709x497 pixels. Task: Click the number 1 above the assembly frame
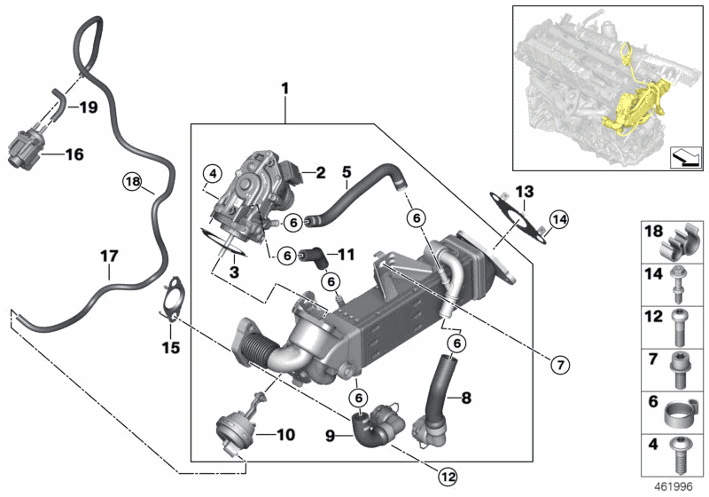pos(285,89)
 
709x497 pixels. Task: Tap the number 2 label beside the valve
pos(321,172)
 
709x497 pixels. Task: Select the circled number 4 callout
pos(210,172)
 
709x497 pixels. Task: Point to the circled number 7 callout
pos(559,364)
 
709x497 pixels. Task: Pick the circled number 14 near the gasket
pos(557,219)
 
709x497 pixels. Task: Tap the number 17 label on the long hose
pos(108,256)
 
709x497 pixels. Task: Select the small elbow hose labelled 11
pos(311,256)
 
